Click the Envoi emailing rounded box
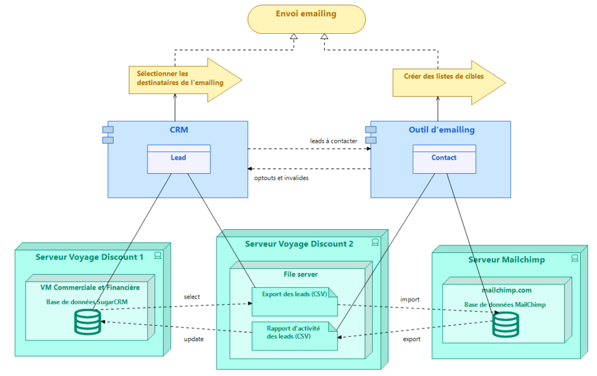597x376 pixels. tap(307, 19)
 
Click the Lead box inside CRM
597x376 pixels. tap(178, 159)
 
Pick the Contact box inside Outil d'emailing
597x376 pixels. tap(444, 159)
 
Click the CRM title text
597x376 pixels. tap(178, 129)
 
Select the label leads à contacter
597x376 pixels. tap(333, 141)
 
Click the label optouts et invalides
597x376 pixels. tap(282, 178)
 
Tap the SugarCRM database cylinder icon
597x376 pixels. tap(87, 322)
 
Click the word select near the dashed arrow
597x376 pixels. tap(192, 297)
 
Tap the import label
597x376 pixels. tap(409, 300)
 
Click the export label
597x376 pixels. tap(411, 339)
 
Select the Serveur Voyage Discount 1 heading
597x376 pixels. tap(89, 257)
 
